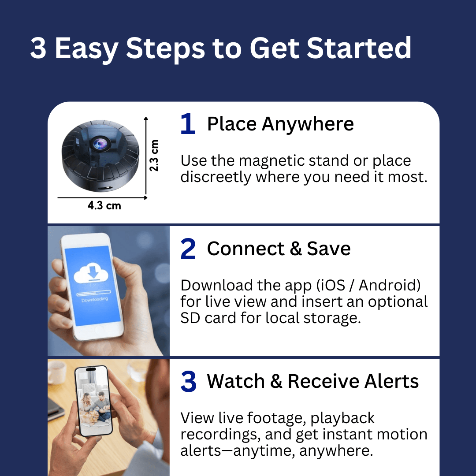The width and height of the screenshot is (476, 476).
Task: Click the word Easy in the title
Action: click(86, 49)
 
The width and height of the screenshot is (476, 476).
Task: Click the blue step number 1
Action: click(188, 124)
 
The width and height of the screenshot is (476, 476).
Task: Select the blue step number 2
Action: click(188, 249)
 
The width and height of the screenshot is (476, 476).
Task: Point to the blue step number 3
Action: click(188, 381)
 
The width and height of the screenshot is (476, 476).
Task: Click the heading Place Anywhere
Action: click(280, 124)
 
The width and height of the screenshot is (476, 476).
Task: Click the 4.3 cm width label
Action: click(104, 205)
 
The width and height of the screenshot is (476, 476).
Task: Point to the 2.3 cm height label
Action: click(154, 156)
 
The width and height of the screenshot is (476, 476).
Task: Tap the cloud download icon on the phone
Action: click(91, 273)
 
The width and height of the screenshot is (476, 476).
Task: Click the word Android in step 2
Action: click(390, 285)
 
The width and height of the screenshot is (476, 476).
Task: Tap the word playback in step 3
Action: click(342, 418)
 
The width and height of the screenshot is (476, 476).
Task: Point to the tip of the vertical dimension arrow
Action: click(146, 117)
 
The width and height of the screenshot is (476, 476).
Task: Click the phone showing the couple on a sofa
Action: click(93, 401)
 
